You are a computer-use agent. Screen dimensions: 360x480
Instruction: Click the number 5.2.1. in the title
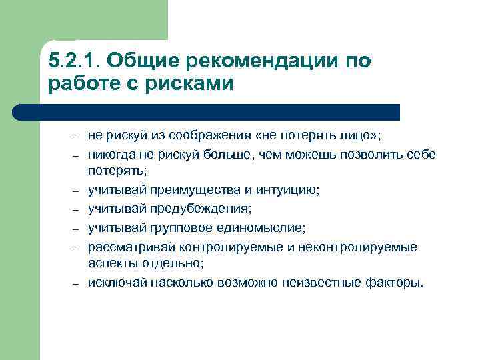[74, 61]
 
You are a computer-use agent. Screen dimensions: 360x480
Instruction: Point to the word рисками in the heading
[195, 85]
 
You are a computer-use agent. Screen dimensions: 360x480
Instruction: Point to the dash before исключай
[77, 283]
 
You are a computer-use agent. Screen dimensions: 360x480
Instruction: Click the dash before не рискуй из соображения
[77, 137]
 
